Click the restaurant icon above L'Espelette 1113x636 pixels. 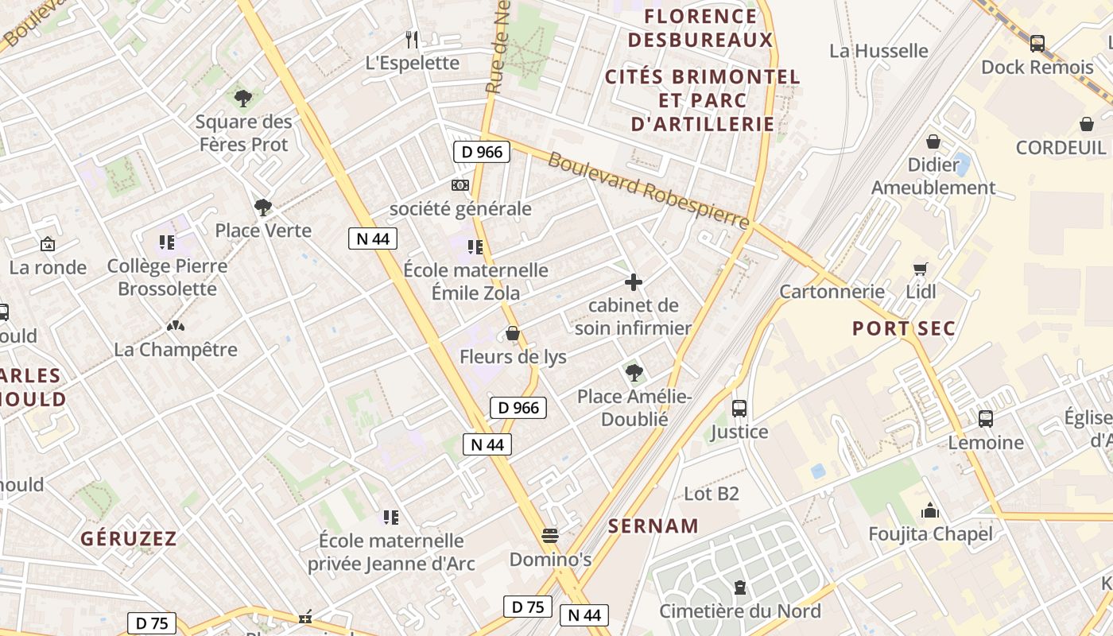412,39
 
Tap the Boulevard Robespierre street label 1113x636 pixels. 648,188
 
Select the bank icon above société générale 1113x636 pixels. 460,185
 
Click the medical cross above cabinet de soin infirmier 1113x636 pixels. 634,282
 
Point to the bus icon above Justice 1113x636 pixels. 739,409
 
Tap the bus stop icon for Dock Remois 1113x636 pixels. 1037,44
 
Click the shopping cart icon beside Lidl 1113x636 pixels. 921,269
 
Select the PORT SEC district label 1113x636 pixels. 904,328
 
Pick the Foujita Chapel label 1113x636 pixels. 930,533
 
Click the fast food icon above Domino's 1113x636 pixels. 550,535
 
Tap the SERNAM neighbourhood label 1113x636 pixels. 653,525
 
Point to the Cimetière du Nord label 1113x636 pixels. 739,611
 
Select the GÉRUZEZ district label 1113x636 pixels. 129,538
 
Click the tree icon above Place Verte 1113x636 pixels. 262,208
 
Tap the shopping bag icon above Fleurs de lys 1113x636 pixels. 513,333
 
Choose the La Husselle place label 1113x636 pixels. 878,51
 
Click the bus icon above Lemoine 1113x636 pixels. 986,419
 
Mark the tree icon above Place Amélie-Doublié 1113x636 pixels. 634,372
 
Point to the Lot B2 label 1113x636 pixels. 712,494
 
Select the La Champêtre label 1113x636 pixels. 176,349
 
